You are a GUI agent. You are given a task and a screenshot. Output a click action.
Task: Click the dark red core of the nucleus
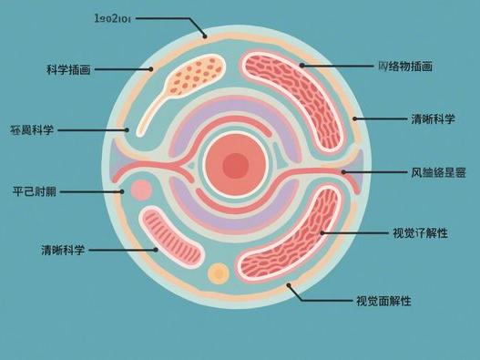[x=236, y=165]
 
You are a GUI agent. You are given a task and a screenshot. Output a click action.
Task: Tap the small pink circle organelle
[x=141, y=190]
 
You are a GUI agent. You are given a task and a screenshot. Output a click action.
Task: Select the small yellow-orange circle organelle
[x=219, y=273]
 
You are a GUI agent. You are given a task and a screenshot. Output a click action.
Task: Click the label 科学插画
[x=69, y=68]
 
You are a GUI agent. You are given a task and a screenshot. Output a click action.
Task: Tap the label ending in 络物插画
[x=404, y=67]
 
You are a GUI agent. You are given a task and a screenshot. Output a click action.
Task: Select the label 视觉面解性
[x=383, y=300]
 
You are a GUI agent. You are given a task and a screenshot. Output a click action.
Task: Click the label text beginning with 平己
[x=36, y=191]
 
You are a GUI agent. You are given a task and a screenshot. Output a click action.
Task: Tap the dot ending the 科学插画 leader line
[x=151, y=68]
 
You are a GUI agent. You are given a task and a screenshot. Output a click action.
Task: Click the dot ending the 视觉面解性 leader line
[x=291, y=287]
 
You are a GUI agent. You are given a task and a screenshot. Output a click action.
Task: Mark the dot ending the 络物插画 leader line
[x=301, y=66]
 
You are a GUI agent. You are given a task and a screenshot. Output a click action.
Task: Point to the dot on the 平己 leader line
[x=123, y=191]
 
